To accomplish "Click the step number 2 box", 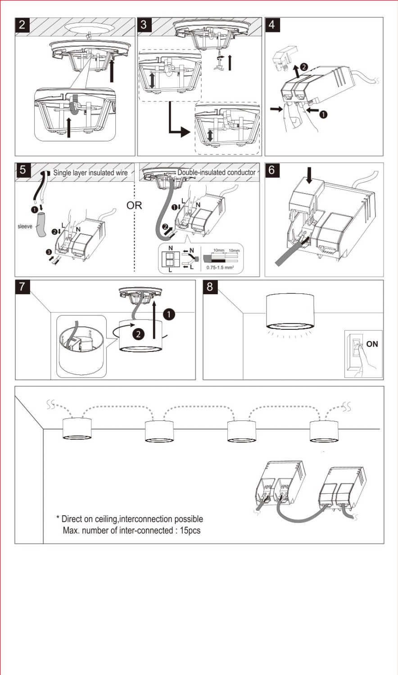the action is click(x=23, y=25).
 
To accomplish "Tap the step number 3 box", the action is click(x=145, y=25).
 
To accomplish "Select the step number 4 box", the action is click(x=272, y=25).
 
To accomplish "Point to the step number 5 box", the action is click(x=23, y=170).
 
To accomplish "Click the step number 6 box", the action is click(x=272, y=170).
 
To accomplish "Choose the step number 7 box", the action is click(x=23, y=287).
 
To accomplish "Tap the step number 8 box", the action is click(x=210, y=287).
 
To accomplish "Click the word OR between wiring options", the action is click(x=134, y=206).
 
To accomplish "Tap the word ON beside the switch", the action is click(x=372, y=344).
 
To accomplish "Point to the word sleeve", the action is click(x=25, y=226).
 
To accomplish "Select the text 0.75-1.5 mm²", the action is click(x=220, y=267).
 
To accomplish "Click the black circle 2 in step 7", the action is click(x=138, y=334).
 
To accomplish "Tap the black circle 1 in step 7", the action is click(x=169, y=315).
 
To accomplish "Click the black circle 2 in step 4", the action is click(x=304, y=67).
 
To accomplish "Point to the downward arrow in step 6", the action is click(x=309, y=175).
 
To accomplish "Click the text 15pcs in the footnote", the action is click(x=190, y=531).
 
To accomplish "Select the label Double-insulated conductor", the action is click(x=216, y=172).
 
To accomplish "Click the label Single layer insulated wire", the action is click(x=90, y=173).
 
